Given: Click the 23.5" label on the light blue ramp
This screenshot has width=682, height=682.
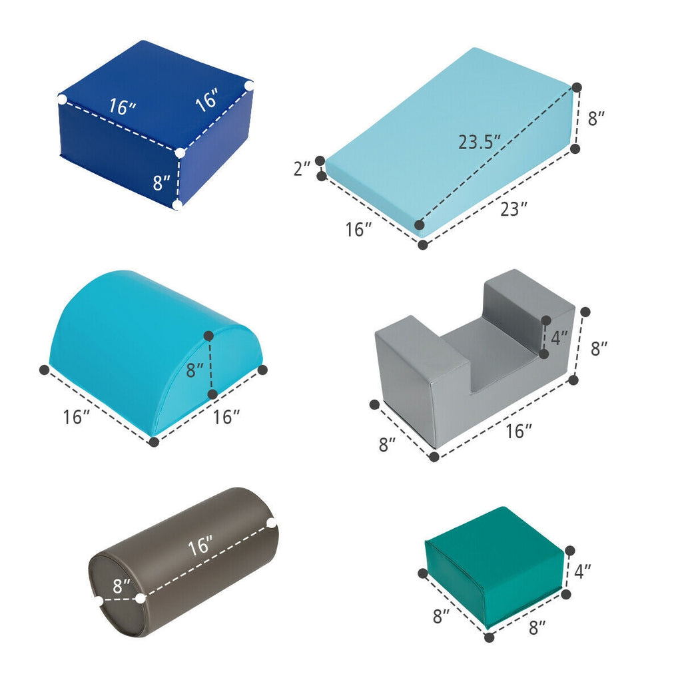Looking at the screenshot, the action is (480, 141).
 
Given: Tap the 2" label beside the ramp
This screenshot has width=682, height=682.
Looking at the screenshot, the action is (302, 169).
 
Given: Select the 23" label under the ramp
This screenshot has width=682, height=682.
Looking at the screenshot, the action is (513, 208).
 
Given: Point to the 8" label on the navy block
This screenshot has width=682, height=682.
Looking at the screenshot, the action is (161, 182).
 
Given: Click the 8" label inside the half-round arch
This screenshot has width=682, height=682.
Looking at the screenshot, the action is (195, 370).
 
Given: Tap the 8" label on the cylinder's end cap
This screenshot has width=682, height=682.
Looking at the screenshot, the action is (121, 586).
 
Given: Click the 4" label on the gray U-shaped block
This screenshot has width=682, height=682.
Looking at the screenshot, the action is (559, 338).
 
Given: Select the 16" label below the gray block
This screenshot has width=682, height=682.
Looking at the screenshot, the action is (518, 431).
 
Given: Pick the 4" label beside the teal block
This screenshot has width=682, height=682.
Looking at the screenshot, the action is (582, 571).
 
